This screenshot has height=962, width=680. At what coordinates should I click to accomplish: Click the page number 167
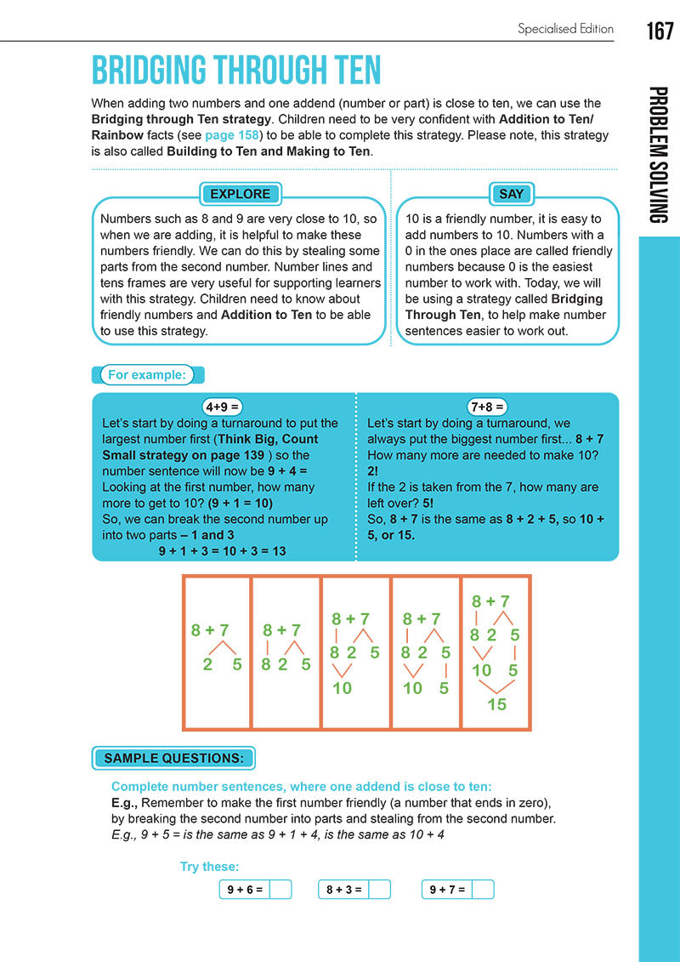[x=659, y=31]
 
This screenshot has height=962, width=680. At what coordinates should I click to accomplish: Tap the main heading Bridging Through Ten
[x=236, y=71]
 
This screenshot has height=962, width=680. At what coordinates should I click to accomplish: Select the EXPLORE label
[x=240, y=194]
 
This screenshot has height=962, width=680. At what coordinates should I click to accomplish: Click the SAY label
[x=511, y=194]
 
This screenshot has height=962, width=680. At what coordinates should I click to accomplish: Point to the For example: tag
[x=146, y=375]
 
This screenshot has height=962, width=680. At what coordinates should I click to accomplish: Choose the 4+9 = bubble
[x=223, y=407]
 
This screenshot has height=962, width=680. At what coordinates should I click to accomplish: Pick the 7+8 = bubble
[x=487, y=407]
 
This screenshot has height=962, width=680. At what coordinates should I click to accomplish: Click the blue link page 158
[x=232, y=135]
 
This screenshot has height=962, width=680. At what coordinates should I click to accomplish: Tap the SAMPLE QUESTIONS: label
[x=173, y=758]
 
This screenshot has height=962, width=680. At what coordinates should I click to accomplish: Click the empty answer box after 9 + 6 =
[x=280, y=890]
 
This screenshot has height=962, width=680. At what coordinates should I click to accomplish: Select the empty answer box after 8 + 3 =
[x=380, y=890]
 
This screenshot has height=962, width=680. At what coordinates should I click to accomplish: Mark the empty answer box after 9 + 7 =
[x=482, y=890]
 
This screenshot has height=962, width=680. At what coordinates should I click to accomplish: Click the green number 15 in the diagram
[x=496, y=704]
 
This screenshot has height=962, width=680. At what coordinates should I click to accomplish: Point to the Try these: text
[x=209, y=867]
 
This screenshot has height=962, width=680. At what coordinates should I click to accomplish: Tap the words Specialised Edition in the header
[x=565, y=29]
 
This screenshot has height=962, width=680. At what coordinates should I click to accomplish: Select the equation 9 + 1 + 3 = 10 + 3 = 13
[x=222, y=551]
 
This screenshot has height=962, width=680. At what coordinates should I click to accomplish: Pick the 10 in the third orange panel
[x=342, y=687]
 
